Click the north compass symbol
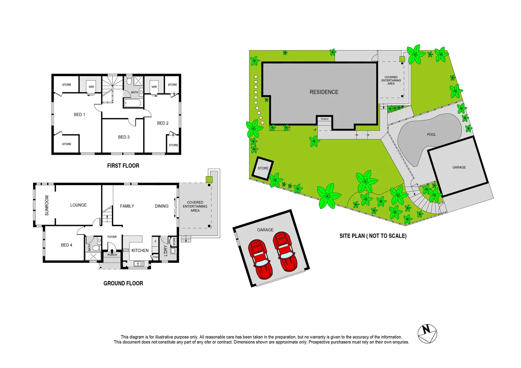coord(427,334)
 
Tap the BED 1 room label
coord(79,114)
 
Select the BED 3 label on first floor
coord(124,137)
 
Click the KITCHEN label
coord(140,250)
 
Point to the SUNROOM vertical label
coord(47,205)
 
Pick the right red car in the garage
coord(285,251)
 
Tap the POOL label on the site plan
coord(431,135)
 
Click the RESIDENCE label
coord(324,92)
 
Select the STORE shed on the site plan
coord(263,168)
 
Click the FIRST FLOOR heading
coord(123,166)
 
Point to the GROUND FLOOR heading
coord(123,283)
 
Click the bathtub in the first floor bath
coord(133,103)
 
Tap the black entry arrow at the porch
coord(112,251)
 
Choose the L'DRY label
coord(166,250)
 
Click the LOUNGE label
coord(78,205)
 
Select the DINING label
coord(161,206)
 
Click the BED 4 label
coord(66,245)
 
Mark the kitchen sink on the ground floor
coord(139,263)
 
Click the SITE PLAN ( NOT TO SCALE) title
coord(373,236)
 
